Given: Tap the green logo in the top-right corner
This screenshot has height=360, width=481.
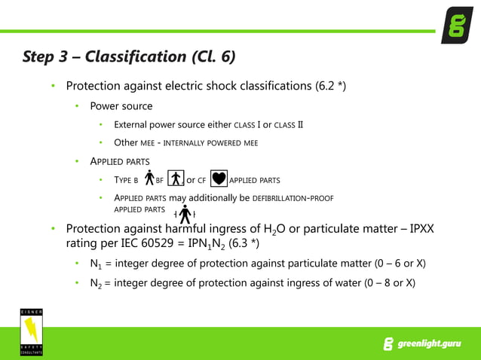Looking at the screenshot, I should pyautogui.click(x=457, y=25).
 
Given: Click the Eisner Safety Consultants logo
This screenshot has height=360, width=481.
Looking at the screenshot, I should pyautogui.click(x=32, y=331).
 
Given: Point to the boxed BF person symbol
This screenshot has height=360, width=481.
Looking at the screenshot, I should pyautogui.click(x=176, y=179).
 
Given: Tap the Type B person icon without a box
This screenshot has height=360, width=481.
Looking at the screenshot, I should pyautogui.click(x=149, y=178).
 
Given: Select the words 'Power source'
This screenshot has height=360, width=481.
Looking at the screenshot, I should pyautogui.click(x=121, y=105).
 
